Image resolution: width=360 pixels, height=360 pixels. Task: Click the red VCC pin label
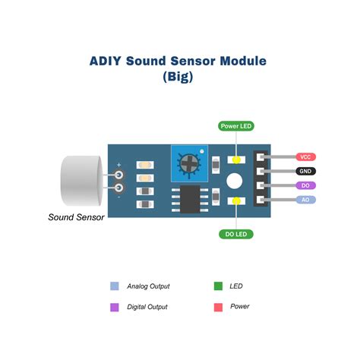tap(306, 156)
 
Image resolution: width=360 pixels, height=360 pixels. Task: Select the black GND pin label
tap(306, 171)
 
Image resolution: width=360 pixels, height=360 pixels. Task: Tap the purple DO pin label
tap(306, 185)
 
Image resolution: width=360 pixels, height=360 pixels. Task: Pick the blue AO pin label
tap(306, 200)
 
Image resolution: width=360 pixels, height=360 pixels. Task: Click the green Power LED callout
tap(236, 125)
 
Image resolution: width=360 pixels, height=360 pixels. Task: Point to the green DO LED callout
tap(236, 233)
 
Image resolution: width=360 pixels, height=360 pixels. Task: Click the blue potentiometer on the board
tap(189, 162)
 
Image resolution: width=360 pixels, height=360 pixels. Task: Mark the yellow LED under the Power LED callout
tap(236, 160)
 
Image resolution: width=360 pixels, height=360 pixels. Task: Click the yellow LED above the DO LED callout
tap(236, 201)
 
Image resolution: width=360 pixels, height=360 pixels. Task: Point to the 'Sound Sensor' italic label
tap(76, 217)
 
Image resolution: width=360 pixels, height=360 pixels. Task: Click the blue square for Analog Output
tap(115, 286)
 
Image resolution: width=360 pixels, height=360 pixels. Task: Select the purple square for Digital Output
tap(115, 307)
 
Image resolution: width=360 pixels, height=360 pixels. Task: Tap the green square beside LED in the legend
tap(218, 286)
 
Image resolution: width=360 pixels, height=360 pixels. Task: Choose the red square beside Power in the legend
tap(218, 307)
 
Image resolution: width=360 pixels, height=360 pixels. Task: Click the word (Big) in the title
tap(179, 77)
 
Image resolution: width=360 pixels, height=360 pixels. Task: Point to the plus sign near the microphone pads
tap(119, 163)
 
